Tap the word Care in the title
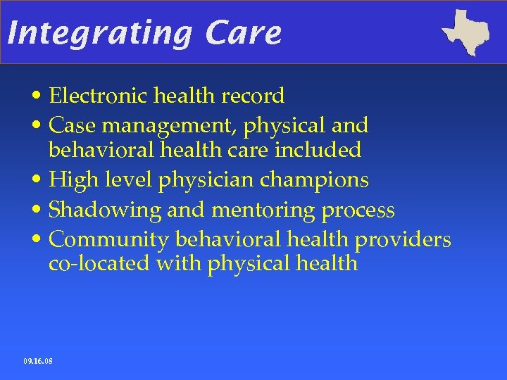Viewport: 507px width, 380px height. (244, 33)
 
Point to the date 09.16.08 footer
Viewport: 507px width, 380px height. (37, 361)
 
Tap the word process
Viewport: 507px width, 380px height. (358, 210)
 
